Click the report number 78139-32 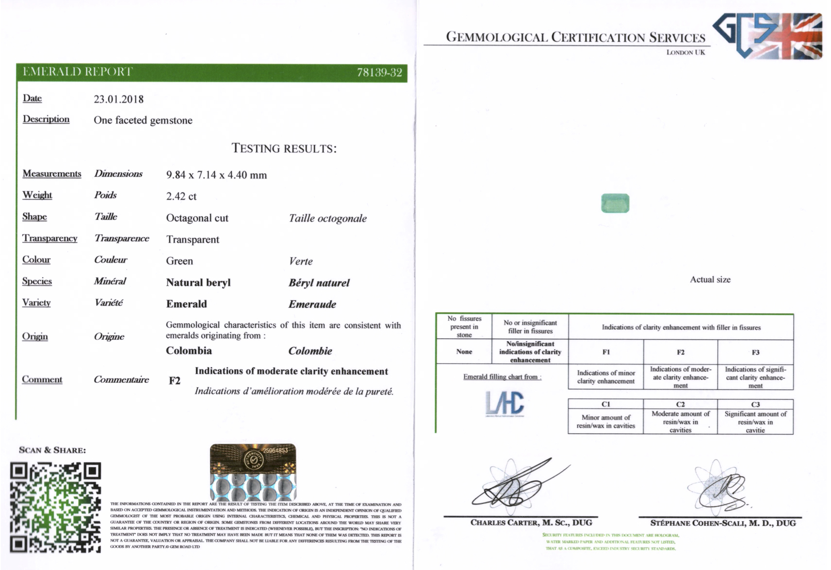coord(379,73)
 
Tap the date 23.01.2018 coord(119,99)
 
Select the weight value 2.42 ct coord(181,196)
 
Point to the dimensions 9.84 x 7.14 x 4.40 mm coord(216,175)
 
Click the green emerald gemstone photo coord(615,203)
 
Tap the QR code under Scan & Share coord(55,507)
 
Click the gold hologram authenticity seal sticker coord(253,472)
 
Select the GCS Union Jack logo coord(768,36)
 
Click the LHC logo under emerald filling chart coord(505,404)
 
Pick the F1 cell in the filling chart coord(606,352)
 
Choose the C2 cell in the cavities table coord(680,404)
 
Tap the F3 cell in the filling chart coord(755,352)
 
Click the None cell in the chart coord(464,352)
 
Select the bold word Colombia coord(189,350)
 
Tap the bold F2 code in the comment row coord(175,380)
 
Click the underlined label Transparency coord(50,238)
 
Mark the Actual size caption coord(710,280)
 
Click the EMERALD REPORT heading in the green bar coord(78,72)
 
